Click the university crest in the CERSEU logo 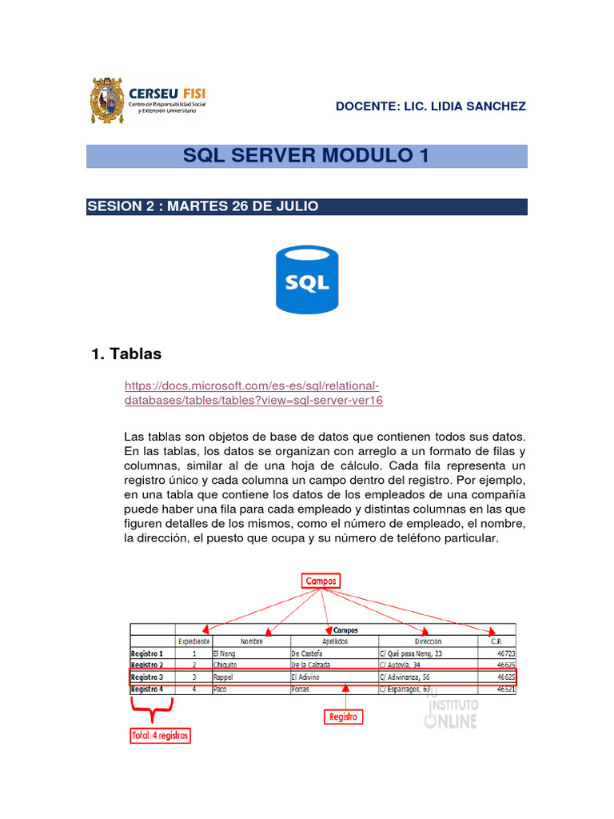(107, 100)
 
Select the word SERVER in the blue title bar (281, 156)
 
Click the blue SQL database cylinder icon (307, 280)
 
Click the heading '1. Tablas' (128, 354)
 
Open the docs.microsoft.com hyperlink (254, 393)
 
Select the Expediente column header (193, 641)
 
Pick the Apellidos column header (334, 641)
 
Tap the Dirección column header (429, 641)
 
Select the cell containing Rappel (225, 677)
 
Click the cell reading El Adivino (305, 677)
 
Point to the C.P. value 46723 (505, 653)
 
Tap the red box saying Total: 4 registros (161, 735)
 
